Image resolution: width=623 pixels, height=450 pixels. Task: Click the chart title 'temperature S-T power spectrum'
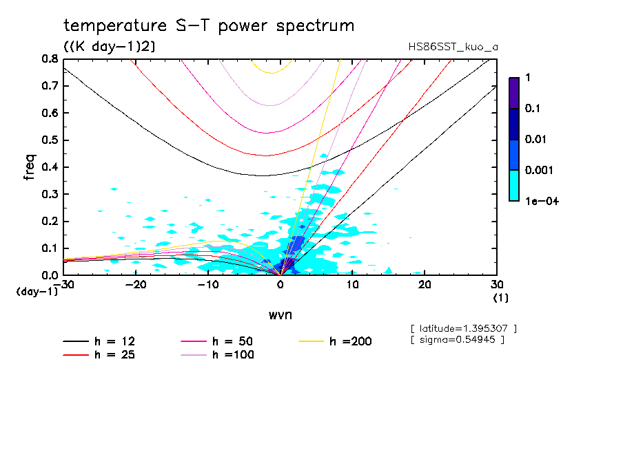tap(209, 26)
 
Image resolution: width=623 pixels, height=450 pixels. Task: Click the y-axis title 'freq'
tap(30, 167)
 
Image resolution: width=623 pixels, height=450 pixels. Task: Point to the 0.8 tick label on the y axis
tap(50, 59)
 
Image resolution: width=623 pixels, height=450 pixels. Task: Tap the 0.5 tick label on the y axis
tap(50, 140)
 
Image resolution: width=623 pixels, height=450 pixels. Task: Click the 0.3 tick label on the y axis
tap(50, 194)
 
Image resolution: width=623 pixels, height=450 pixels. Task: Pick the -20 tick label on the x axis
tap(136, 285)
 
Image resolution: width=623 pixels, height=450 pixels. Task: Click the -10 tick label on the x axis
tap(208, 285)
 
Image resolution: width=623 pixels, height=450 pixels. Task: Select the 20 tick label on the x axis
tap(425, 285)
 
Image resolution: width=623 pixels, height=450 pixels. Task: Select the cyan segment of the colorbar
tap(514, 185)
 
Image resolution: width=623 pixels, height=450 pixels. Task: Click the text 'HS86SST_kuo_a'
tap(453, 47)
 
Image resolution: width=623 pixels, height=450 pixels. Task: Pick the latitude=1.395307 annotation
tap(463, 328)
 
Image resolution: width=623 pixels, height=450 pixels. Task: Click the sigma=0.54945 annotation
tap(458, 339)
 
